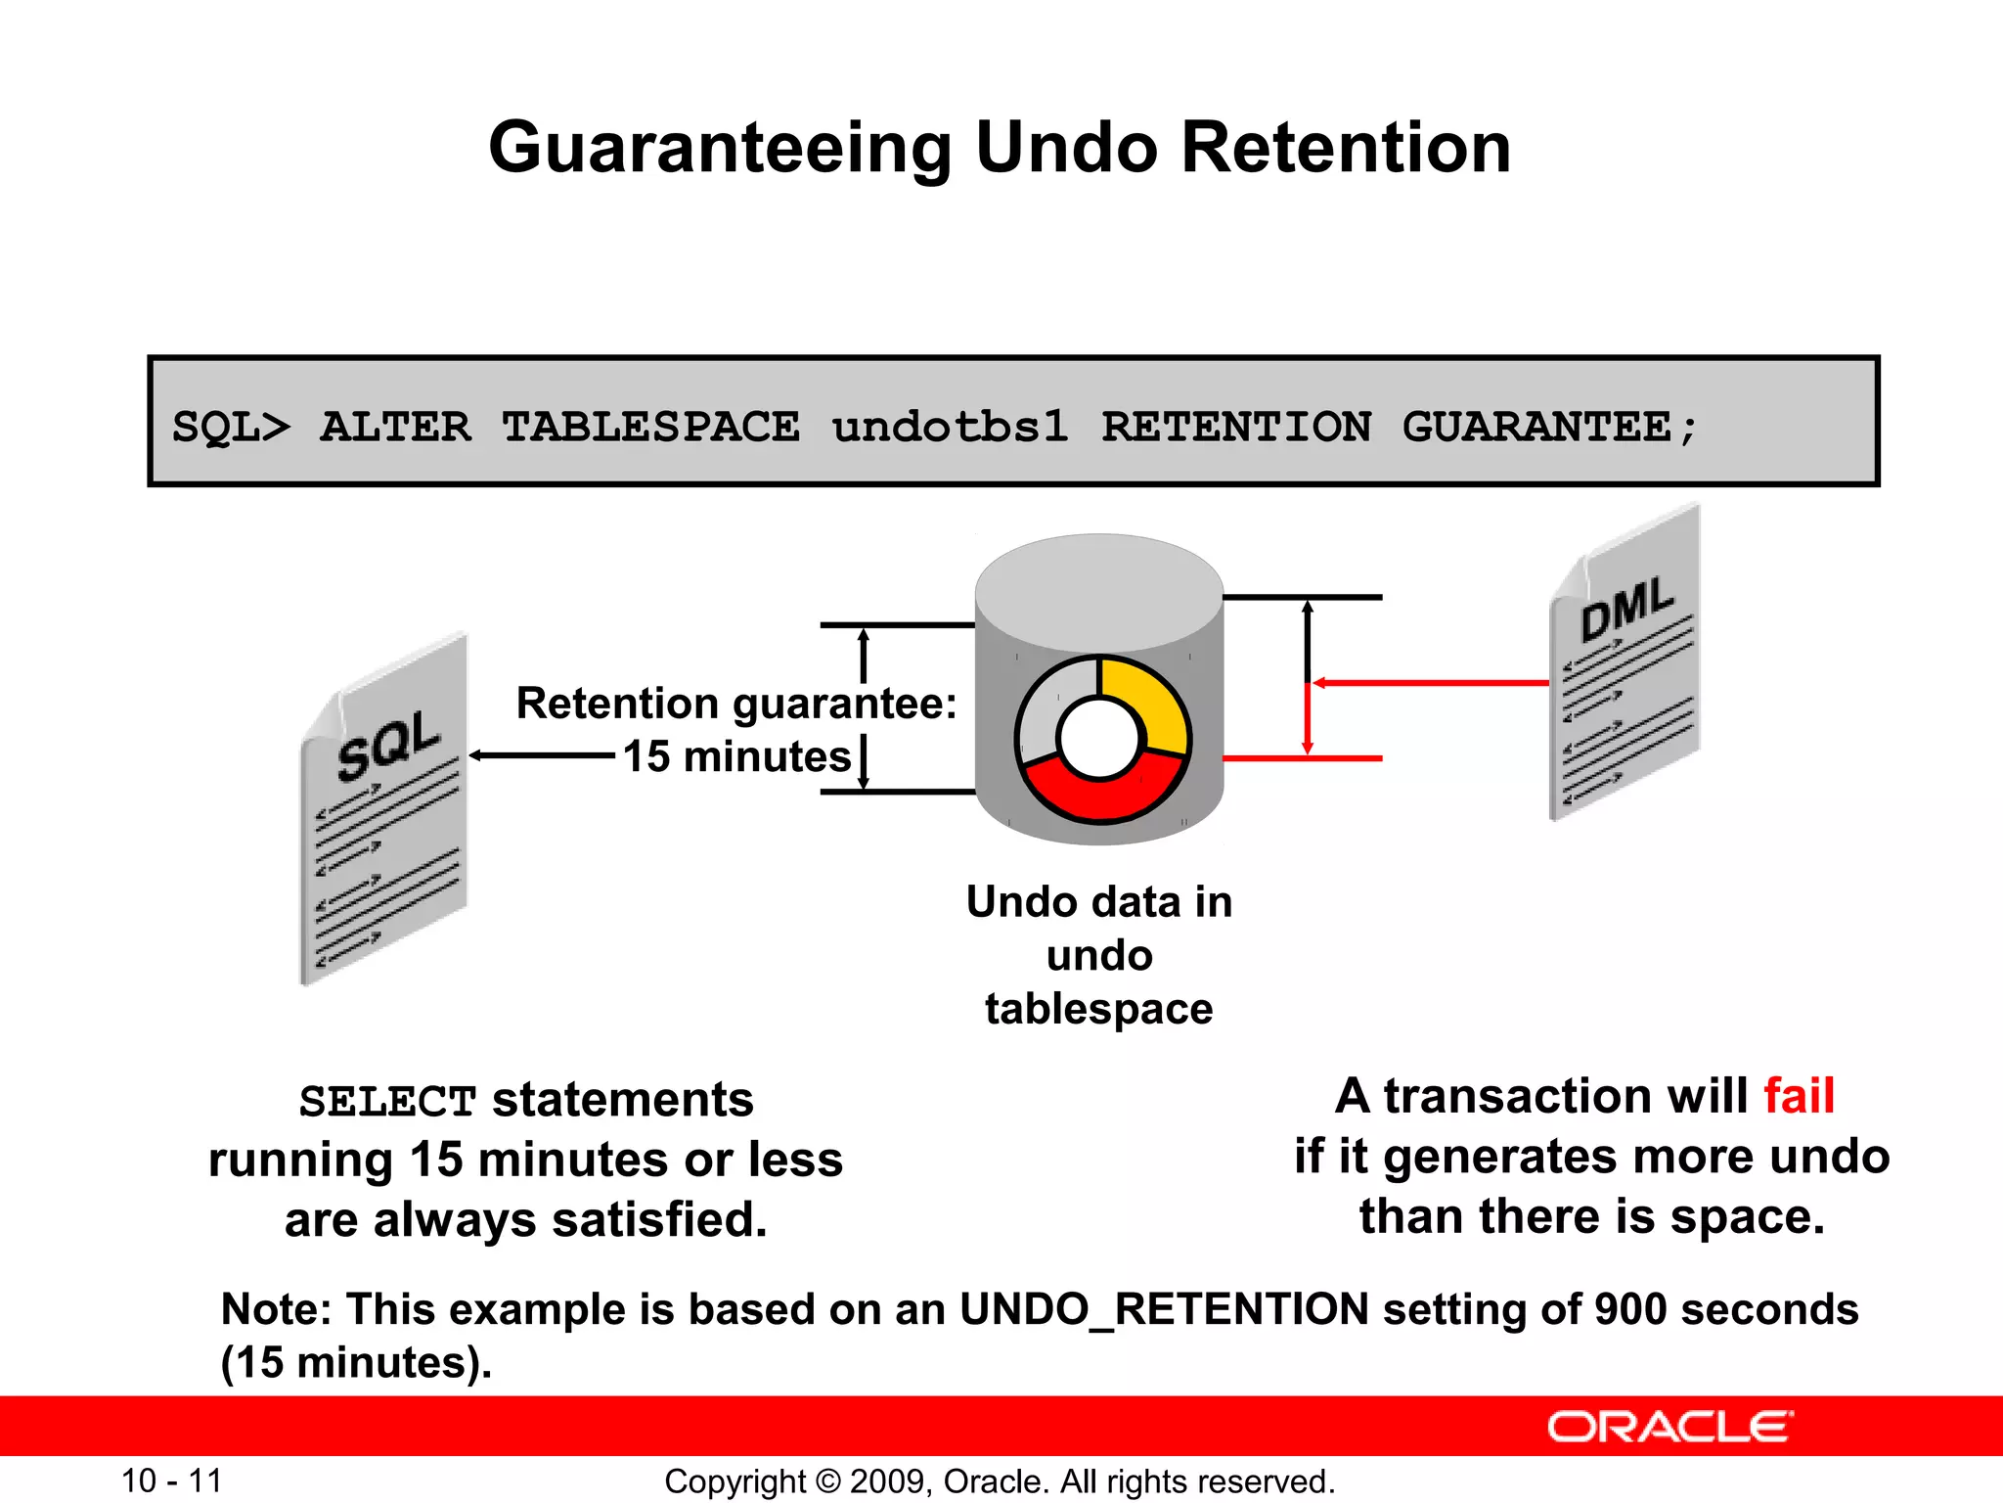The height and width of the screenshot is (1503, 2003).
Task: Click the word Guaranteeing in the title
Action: (x=720, y=149)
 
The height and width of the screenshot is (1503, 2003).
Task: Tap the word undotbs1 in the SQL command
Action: (x=950, y=427)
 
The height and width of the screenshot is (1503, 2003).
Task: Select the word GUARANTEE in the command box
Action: (x=1536, y=427)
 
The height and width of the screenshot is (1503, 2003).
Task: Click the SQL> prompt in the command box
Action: (x=231, y=428)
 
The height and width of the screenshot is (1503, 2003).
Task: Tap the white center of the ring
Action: (x=1100, y=739)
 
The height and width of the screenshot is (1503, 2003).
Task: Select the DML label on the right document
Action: (x=1626, y=609)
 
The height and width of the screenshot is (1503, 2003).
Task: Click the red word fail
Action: (x=1799, y=1096)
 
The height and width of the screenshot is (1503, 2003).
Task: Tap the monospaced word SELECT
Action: (x=387, y=1102)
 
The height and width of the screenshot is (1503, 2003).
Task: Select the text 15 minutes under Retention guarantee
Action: (x=737, y=756)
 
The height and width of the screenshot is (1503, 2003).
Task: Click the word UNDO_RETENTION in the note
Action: (x=1164, y=1309)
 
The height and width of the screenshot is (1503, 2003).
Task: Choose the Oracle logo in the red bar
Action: (x=1669, y=1427)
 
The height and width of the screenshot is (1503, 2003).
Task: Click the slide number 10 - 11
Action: (x=172, y=1480)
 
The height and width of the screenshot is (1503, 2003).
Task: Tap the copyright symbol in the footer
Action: (x=827, y=1481)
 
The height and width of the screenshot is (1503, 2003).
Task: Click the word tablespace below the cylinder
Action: (x=1098, y=1009)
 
